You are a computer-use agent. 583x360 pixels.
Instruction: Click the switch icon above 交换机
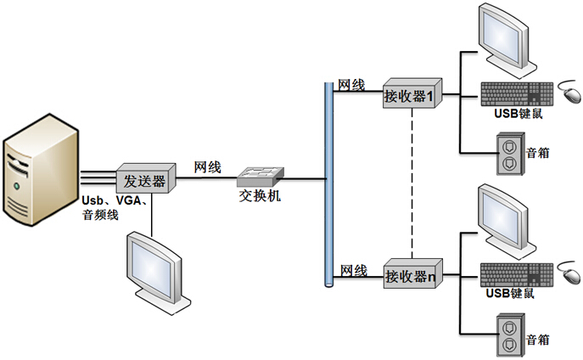point(261,176)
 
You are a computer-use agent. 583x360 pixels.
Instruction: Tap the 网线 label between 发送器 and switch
point(207,167)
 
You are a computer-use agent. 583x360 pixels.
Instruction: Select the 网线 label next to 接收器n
point(353,271)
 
